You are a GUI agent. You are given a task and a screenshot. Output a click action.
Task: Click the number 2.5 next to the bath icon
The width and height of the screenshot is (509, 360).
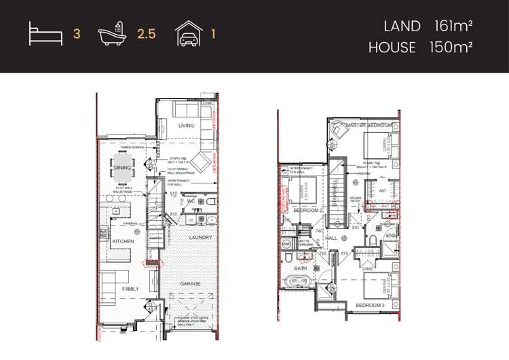point(147,33)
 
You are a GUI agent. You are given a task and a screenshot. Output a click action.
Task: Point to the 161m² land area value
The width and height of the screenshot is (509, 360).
point(453,26)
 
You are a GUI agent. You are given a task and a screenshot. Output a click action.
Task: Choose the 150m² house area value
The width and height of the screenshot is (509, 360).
point(451,48)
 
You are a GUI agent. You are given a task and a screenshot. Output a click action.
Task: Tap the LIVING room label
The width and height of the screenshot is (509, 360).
point(186,126)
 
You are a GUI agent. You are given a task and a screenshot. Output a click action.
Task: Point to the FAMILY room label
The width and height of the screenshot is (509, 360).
point(130,289)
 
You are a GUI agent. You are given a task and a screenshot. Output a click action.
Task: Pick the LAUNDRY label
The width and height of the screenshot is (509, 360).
point(201,238)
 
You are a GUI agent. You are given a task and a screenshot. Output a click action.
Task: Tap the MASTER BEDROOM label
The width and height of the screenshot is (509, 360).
point(369,126)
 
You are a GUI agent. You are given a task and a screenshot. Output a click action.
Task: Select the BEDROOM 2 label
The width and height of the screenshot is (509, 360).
point(310,211)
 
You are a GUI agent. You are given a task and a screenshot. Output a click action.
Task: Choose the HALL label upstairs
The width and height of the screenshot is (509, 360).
point(333,238)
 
